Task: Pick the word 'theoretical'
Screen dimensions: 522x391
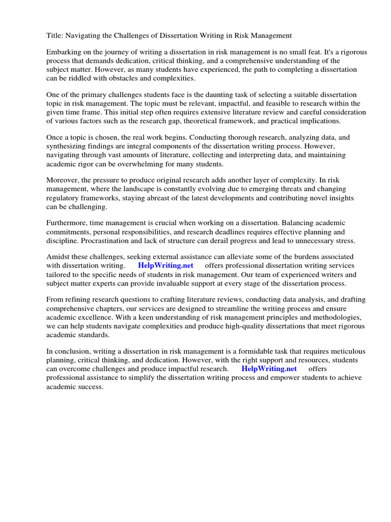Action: [x=222, y=121]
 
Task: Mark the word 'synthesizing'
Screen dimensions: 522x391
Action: [x=67, y=147]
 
